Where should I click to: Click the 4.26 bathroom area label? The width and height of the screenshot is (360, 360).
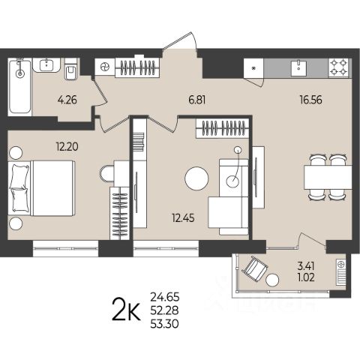tap(67, 100)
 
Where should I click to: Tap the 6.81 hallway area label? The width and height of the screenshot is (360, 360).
tap(197, 100)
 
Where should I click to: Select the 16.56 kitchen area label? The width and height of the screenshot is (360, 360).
tap(311, 100)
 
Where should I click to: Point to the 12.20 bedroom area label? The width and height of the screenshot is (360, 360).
tap(67, 147)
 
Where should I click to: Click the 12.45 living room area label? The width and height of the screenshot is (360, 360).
tap(183, 218)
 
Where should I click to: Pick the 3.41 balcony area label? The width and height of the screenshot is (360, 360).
tap(305, 266)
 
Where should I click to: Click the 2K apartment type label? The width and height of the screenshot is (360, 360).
tap(126, 310)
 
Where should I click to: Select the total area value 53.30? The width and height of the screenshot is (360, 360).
tap(165, 324)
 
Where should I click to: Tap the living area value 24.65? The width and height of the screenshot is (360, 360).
tap(165, 297)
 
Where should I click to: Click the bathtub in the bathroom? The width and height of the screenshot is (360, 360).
tap(19, 87)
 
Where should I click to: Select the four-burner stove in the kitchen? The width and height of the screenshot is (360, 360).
tap(339, 67)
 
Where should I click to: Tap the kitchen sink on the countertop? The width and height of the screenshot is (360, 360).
tap(298, 67)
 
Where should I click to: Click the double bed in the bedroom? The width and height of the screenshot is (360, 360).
tap(42, 188)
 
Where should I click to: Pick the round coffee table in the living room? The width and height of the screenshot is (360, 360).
tap(196, 178)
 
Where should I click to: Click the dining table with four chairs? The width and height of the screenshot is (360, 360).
tap(328, 177)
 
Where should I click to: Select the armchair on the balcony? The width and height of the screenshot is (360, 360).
tap(255, 267)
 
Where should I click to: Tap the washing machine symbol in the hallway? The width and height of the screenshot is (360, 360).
tap(105, 67)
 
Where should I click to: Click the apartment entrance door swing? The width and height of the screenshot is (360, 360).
tap(180, 41)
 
